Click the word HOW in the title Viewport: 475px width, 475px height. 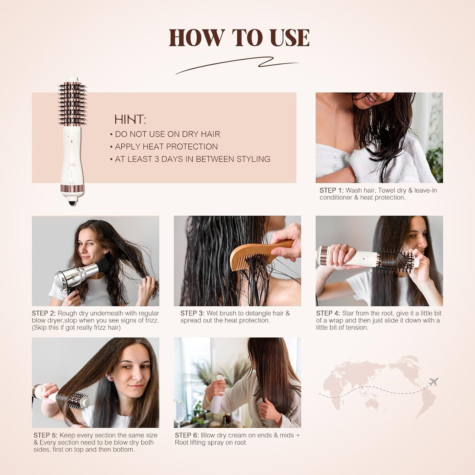coord(196,38)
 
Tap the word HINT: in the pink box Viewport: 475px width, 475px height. coord(130,119)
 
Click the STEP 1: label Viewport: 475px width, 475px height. coord(331,190)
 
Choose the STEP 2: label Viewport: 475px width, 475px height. coord(44,313)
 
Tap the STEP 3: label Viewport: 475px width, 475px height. coord(192,313)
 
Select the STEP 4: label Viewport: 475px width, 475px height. coord(328,313)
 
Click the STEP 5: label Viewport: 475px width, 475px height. coord(45,435)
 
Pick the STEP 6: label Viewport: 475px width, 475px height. coord(187,435)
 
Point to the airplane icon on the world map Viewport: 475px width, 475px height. coord(433,382)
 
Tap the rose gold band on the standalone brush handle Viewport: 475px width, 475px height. coord(72,189)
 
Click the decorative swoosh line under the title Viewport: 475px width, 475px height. coord(237,64)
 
